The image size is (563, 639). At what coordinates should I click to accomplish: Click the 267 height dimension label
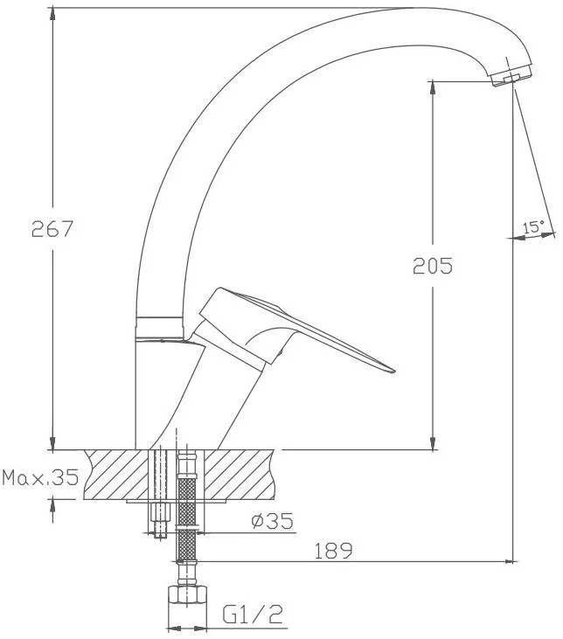[52, 229]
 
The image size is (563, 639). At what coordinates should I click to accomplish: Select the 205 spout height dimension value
[433, 266]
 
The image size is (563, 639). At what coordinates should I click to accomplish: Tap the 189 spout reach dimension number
[333, 551]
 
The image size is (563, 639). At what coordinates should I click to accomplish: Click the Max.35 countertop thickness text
[40, 477]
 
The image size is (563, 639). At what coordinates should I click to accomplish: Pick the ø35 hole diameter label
[273, 521]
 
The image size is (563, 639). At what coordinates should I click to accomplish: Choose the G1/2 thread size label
[253, 615]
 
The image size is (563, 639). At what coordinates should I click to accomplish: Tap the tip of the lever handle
[393, 371]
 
